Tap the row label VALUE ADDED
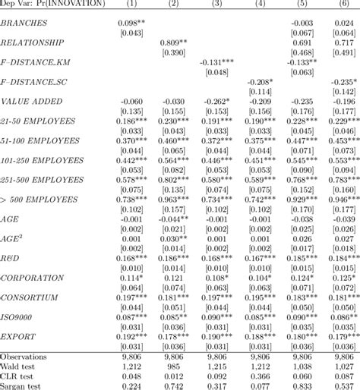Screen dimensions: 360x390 pos(31,102)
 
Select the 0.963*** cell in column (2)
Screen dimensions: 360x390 pos(174,199)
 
